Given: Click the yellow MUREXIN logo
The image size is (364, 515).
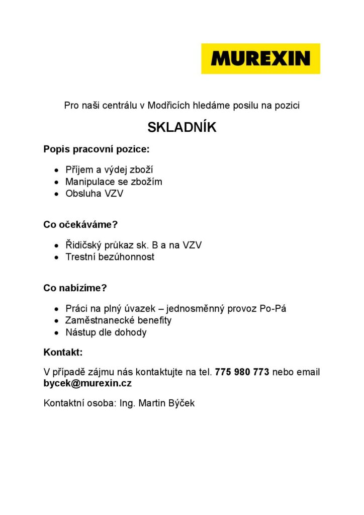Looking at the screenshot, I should pos(260,58).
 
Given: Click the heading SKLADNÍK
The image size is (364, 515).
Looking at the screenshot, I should pos(182,128).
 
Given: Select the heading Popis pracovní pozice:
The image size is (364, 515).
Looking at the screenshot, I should pos(97,149).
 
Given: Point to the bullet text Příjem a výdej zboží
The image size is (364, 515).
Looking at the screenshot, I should pos(109,169).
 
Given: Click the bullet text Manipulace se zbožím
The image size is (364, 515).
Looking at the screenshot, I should pos(114,182).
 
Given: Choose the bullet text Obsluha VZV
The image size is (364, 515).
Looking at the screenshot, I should pos(94,194).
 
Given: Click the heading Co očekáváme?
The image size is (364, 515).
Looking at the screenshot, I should pos(80,225).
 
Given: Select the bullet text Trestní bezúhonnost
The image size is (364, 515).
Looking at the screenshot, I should pos(110,257).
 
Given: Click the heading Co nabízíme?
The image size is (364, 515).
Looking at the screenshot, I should pos(75,288).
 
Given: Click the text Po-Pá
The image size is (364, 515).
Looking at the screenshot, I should pos(273,308).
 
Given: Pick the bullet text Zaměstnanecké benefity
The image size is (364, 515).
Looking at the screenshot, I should pos(118,320).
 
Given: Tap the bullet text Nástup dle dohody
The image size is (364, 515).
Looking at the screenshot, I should pos(106,332).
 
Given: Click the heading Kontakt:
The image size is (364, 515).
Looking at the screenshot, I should pos(63,352).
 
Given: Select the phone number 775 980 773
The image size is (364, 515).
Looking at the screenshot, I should pos(242,372).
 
